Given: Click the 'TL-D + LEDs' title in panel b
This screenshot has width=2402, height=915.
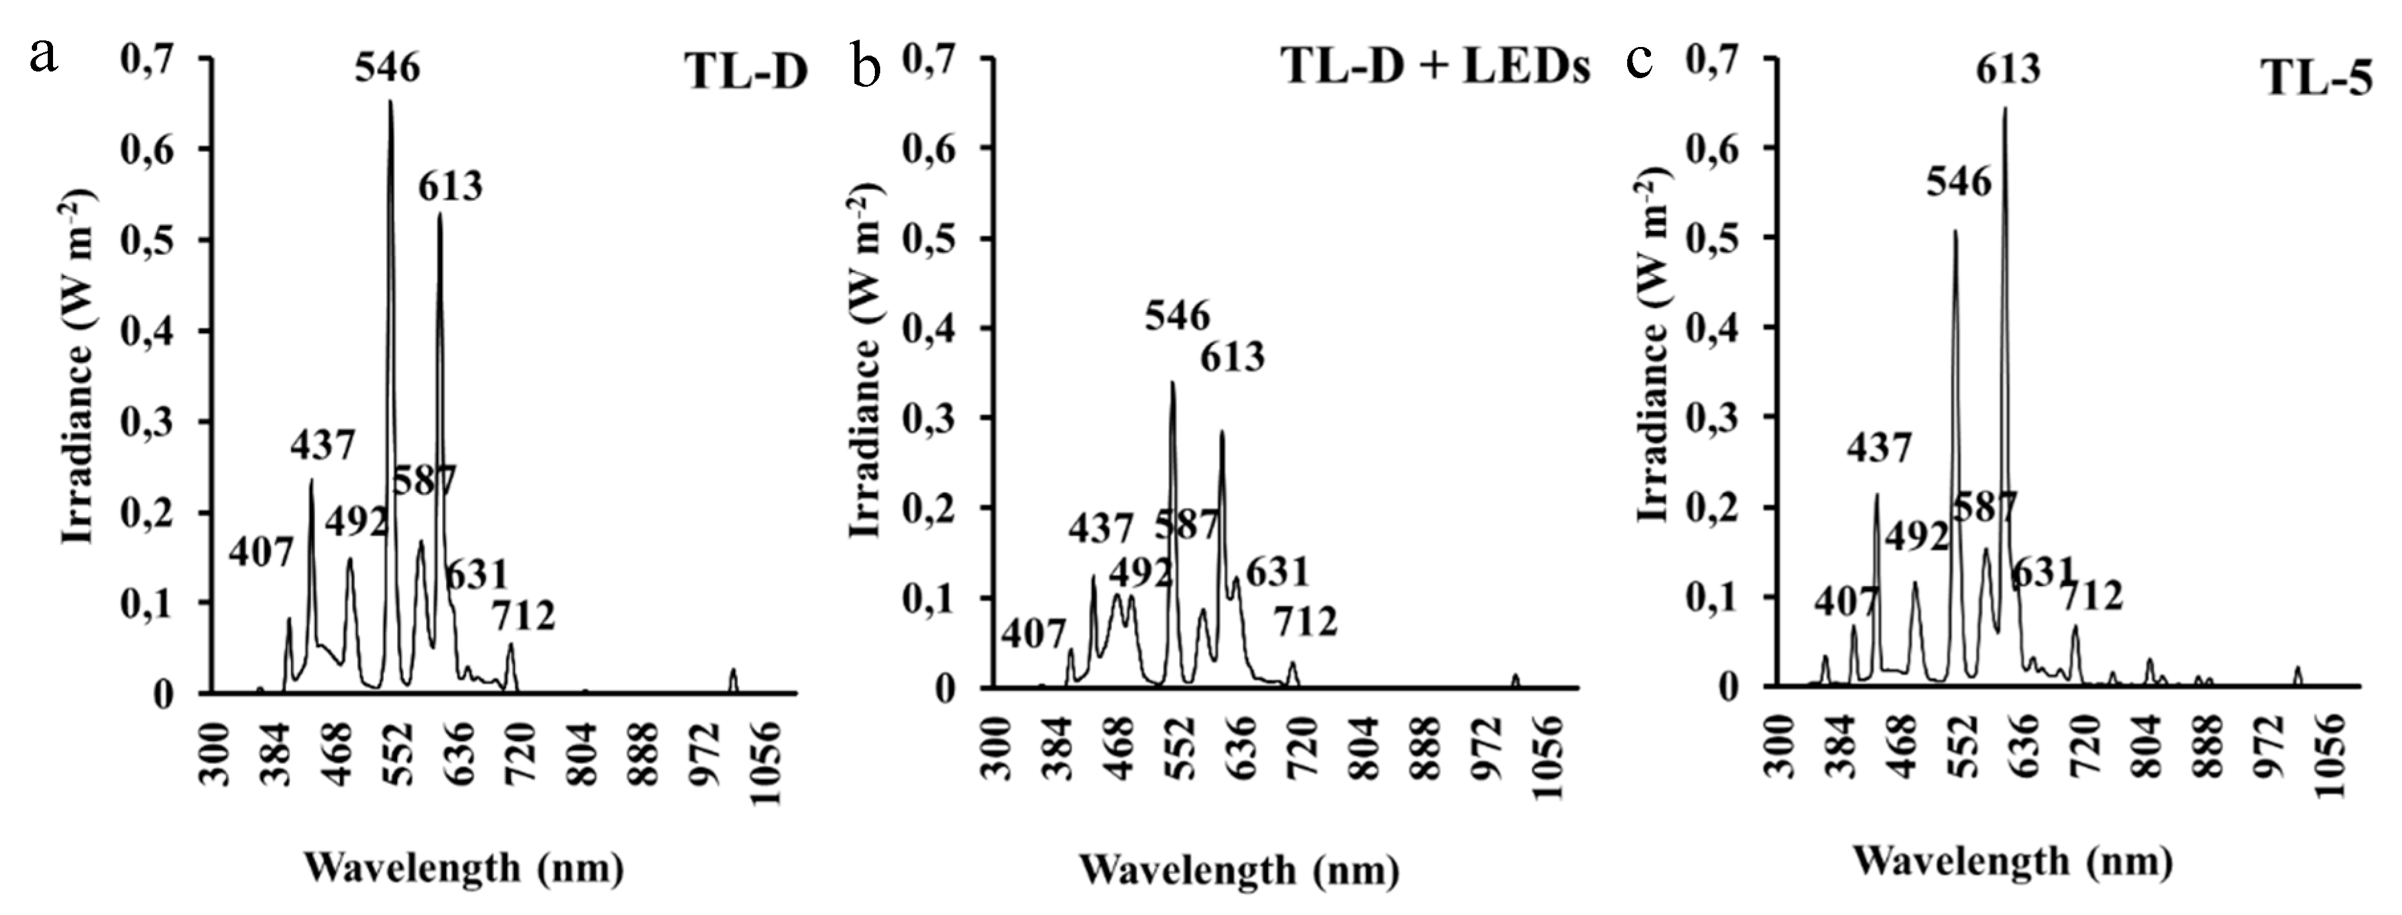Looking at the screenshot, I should pos(1436,67).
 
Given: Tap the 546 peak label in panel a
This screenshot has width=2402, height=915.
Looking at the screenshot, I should pos(387,68).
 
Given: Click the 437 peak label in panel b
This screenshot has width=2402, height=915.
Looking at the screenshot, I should pos(1100,529).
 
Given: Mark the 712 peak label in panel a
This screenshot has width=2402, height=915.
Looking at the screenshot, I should pos(523,616).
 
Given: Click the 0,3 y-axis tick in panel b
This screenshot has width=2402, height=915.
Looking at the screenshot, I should pos(931,418).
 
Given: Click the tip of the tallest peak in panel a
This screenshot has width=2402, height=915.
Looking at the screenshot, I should pos(390,101).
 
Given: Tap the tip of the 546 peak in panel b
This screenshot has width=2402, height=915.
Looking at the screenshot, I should pos(1172,383).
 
